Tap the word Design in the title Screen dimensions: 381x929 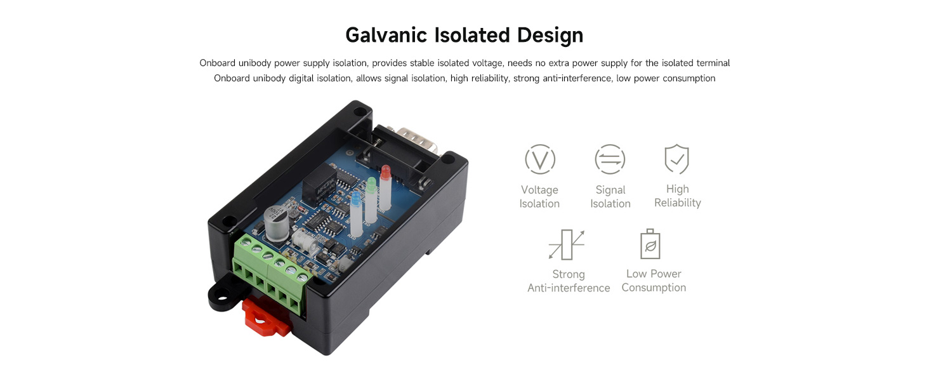point(550,35)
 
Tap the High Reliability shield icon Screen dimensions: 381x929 point(676,159)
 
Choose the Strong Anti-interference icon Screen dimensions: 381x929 point(567,244)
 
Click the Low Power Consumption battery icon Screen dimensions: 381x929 point(650,244)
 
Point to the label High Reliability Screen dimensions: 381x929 point(677,196)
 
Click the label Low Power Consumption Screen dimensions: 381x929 point(654,281)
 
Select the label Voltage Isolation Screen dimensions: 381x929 point(539,197)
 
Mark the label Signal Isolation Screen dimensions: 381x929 point(610,197)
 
